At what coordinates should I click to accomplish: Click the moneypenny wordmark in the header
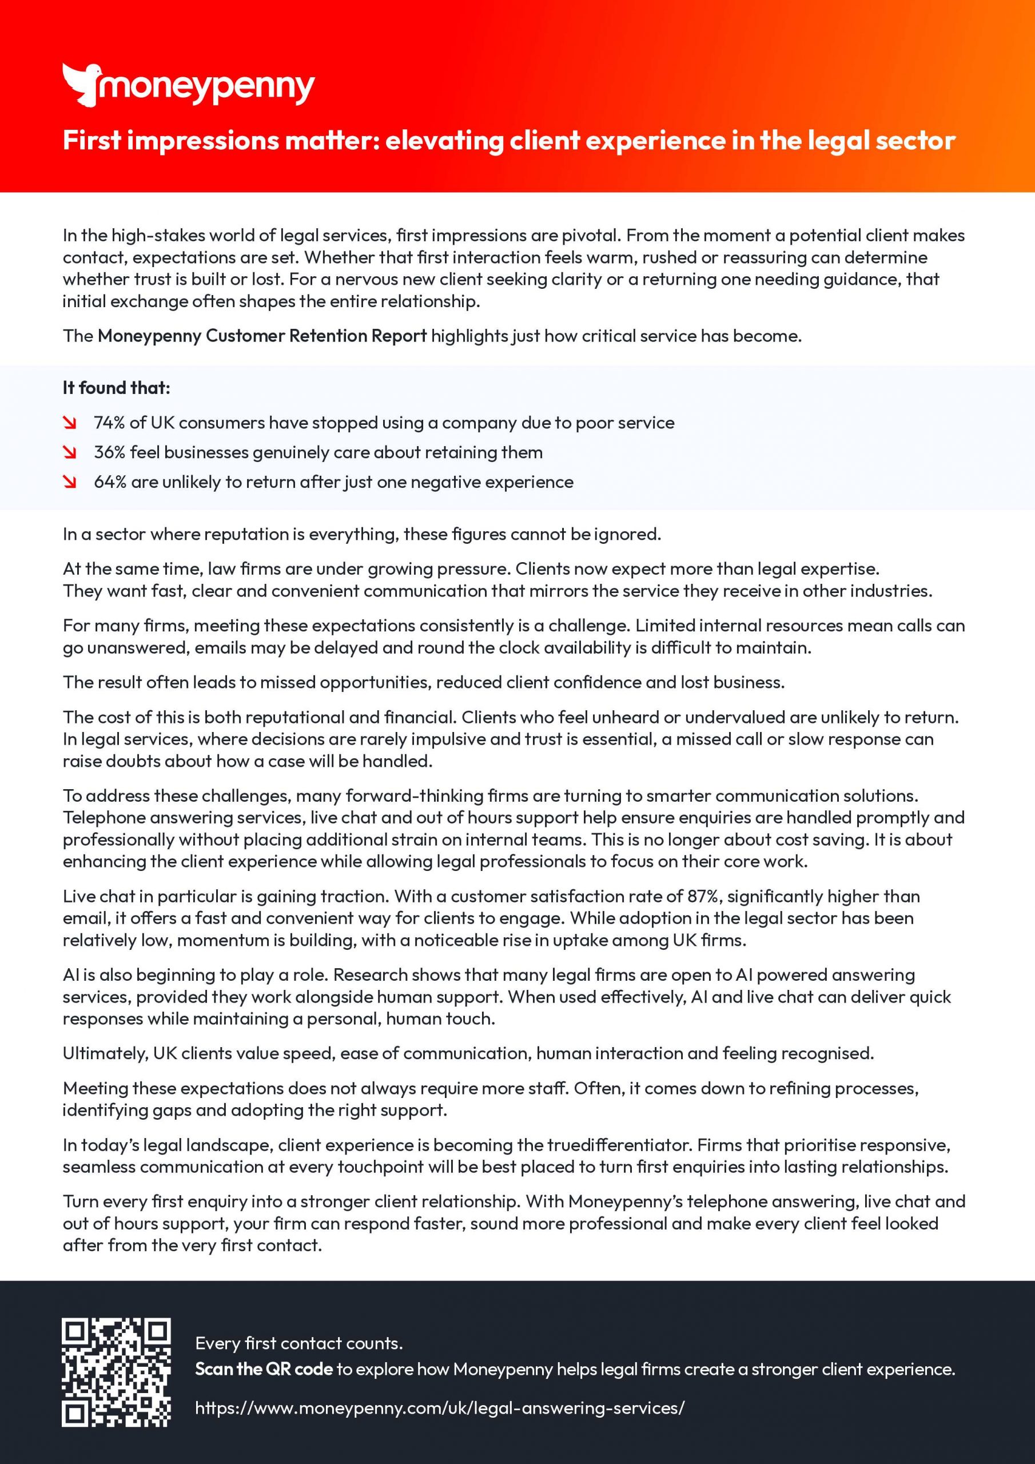pyautogui.click(x=205, y=88)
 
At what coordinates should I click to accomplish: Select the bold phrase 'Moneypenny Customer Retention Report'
pyautogui.click(x=262, y=336)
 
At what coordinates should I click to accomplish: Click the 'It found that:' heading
pyautogui.click(x=116, y=388)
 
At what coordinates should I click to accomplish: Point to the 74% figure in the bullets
pyautogui.click(x=109, y=423)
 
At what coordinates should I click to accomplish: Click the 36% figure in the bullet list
pyautogui.click(x=109, y=452)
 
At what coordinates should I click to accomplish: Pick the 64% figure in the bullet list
pyautogui.click(x=110, y=482)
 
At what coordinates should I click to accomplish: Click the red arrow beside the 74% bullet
pyautogui.click(x=70, y=423)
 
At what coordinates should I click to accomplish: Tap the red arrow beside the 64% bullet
pyautogui.click(x=70, y=482)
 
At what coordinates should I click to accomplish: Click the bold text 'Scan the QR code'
pyautogui.click(x=264, y=1369)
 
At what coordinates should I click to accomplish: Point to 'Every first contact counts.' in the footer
pyautogui.click(x=298, y=1343)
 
